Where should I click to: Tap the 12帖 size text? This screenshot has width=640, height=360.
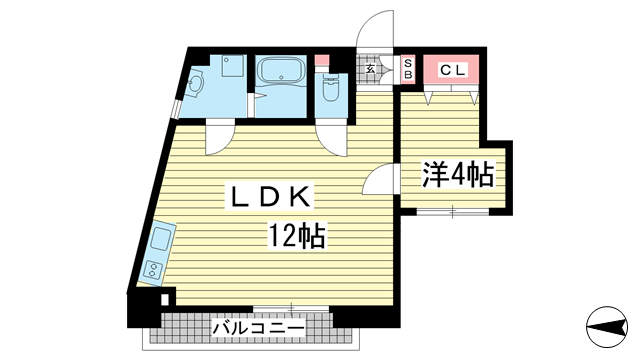(295, 236)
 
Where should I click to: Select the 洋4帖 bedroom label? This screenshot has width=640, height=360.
(457, 176)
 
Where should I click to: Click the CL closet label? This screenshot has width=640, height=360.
(451, 70)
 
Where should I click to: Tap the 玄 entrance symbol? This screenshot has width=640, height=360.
(370, 69)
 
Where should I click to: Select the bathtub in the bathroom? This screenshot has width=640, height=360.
(281, 73)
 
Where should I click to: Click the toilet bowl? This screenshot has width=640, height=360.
(330, 95)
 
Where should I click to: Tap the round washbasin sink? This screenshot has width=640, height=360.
(196, 88)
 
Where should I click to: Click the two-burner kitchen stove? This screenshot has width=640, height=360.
(154, 269)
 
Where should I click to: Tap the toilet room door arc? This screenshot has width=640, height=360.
(331, 136)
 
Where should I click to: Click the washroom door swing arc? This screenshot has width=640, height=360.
(221, 136)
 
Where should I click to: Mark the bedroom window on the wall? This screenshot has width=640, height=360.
(450, 210)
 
